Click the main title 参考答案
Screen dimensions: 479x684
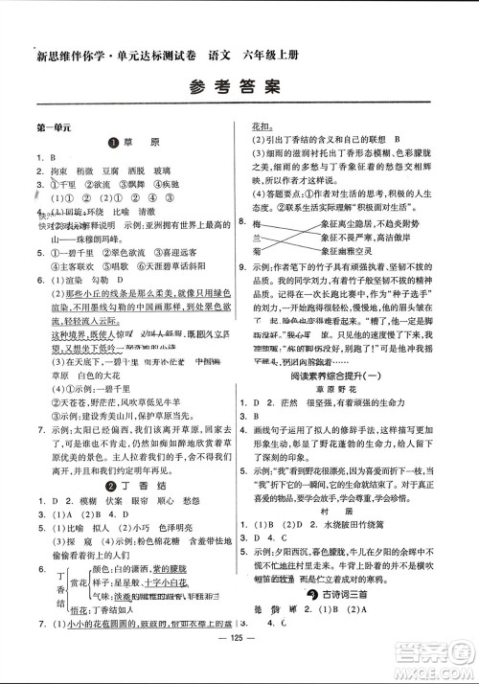[239, 87]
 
